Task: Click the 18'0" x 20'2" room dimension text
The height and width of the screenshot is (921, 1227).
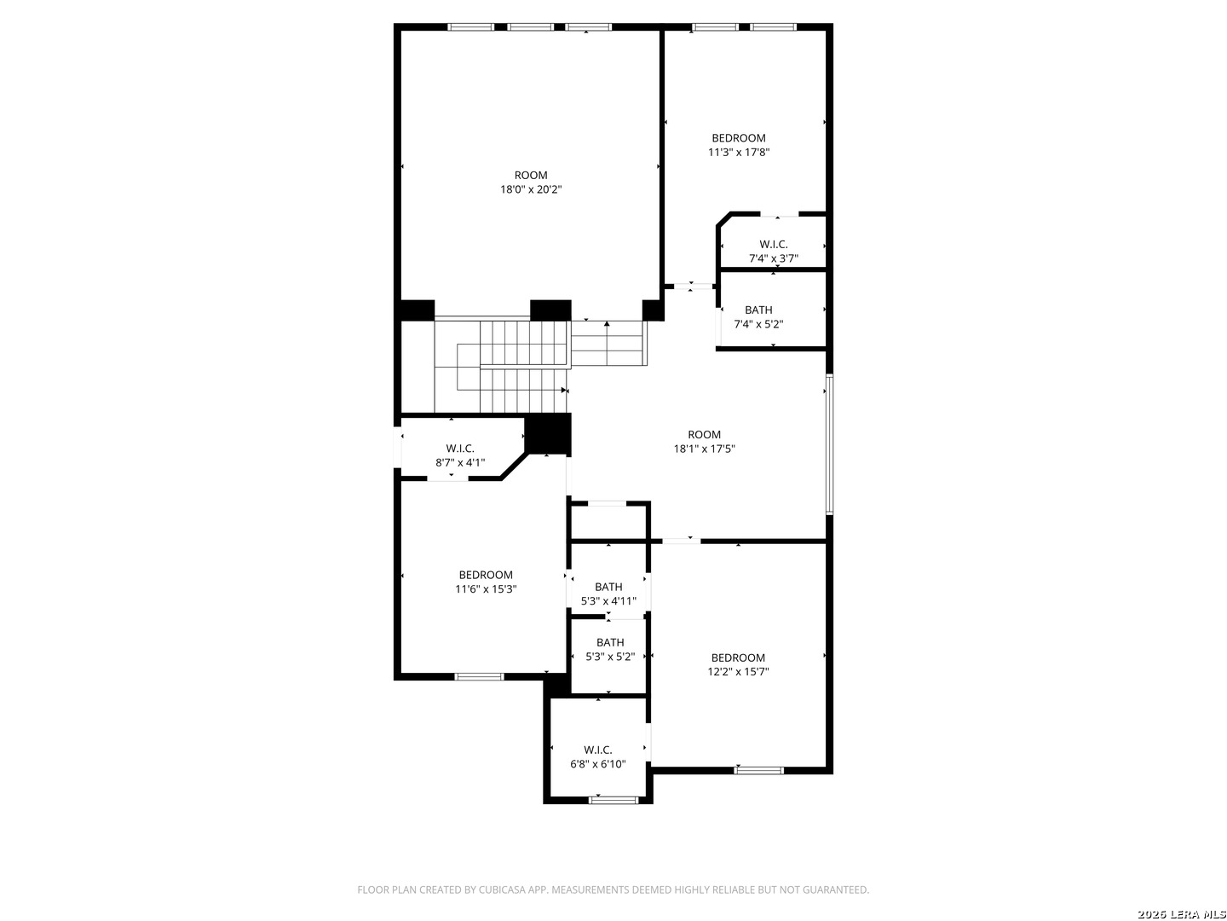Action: (531, 189)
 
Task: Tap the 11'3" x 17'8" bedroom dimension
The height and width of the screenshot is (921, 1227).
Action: (739, 152)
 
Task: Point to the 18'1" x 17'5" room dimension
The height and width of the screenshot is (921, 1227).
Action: (704, 449)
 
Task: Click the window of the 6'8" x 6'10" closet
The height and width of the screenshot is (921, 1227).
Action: (613, 800)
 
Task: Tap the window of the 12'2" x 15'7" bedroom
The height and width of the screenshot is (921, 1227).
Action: (758, 771)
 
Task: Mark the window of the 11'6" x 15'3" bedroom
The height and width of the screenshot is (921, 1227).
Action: (479, 677)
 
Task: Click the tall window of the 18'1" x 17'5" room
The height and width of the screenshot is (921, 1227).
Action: (829, 444)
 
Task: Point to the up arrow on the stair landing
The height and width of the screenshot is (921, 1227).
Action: (607, 324)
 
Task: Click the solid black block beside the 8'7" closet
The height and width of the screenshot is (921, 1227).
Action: (547, 433)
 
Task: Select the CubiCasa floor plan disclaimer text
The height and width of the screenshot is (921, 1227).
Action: (613, 889)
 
